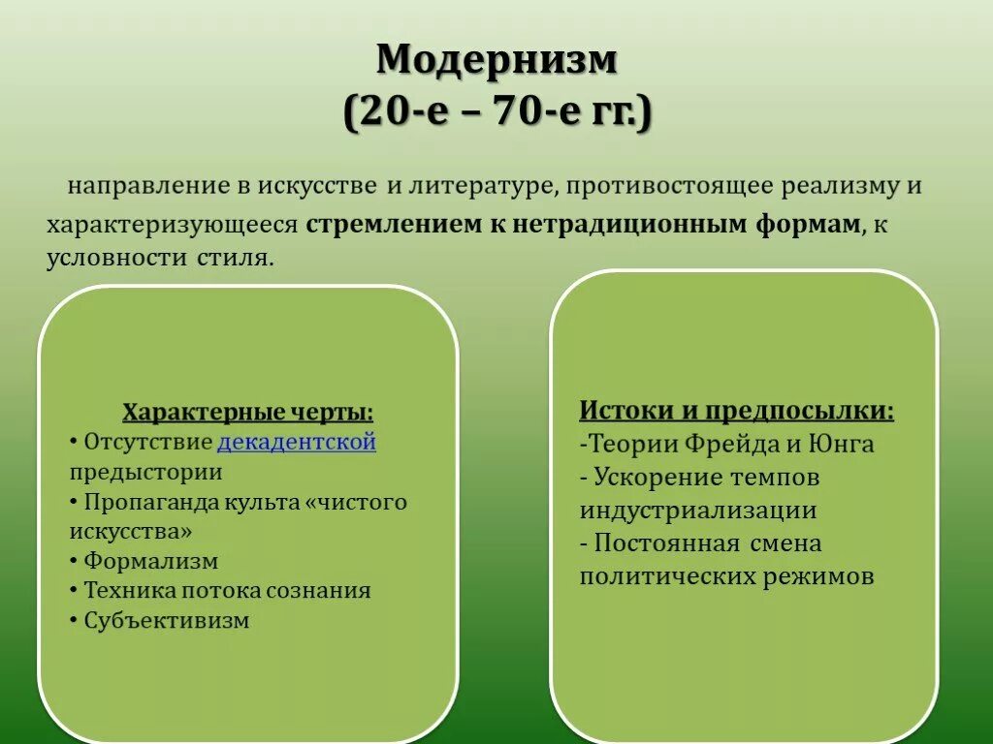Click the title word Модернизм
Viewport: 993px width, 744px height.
(496, 60)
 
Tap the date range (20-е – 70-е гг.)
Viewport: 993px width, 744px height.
(496, 114)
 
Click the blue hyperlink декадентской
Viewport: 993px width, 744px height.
(297, 443)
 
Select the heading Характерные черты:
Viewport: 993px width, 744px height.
(247, 412)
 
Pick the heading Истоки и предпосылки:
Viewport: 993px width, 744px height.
(737, 410)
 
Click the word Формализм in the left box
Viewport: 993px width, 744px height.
(150, 561)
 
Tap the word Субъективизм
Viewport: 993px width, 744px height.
(166, 620)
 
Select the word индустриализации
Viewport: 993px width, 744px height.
(698, 511)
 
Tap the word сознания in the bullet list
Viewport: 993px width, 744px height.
(327, 590)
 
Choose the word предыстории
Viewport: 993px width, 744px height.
(145, 473)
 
